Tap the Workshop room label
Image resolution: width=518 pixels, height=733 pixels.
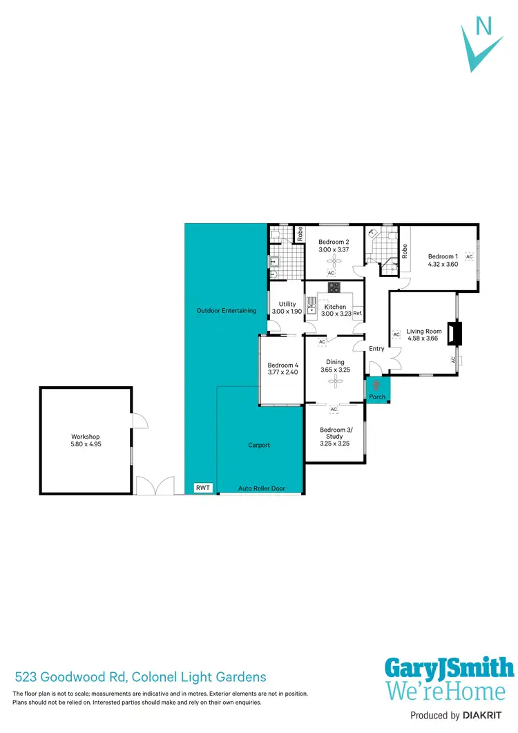click(86, 437)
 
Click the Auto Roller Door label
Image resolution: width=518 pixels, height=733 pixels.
click(261, 488)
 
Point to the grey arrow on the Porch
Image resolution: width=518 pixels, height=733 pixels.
click(376, 385)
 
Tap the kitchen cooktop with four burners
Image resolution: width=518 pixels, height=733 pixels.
click(334, 288)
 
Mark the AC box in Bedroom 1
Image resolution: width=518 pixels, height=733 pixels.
click(469, 256)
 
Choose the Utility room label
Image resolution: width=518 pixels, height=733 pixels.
click(287, 304)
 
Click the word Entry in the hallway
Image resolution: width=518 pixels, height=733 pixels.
click(376, 349)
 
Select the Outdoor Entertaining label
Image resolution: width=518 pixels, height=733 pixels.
click(227, 311)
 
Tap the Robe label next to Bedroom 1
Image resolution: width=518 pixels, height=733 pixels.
click(405, 252)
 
